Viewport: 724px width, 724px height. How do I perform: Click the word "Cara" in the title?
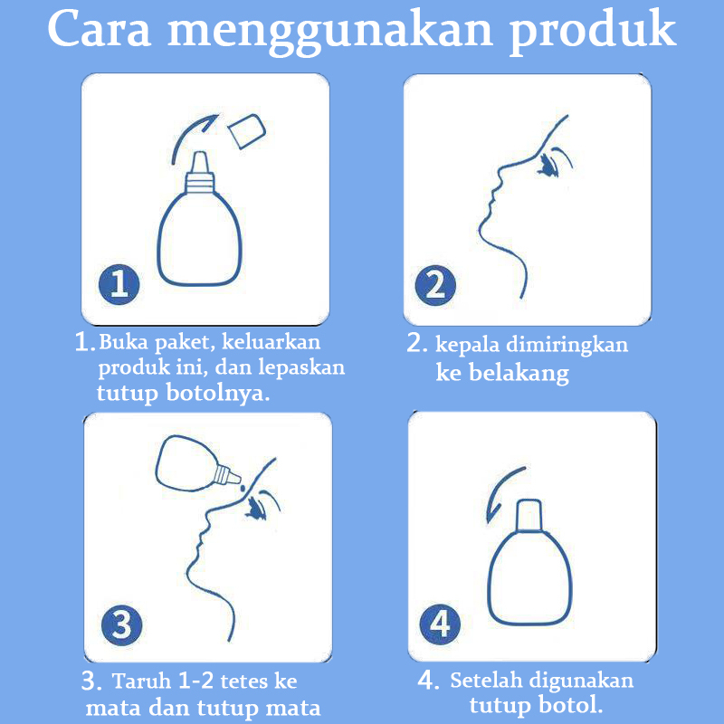point(100,29)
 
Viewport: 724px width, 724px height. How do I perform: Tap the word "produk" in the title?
point(593,33)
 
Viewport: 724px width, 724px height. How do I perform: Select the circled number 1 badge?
point(119,284)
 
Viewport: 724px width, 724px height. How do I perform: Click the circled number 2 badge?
point(435,285)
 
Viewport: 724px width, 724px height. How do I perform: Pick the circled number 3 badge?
point(121,625)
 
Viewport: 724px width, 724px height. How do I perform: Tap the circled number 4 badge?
point(440,624)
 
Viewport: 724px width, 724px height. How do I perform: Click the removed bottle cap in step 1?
point(247,131)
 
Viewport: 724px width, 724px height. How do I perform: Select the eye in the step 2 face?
point(551,165)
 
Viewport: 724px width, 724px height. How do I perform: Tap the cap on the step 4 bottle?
point(529,515)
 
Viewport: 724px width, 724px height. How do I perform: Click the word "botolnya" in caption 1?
point(217,394)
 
